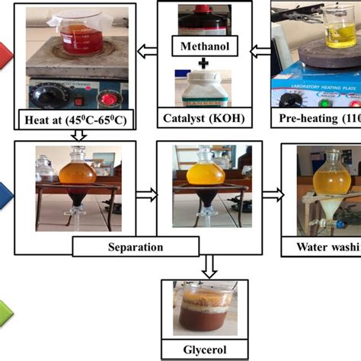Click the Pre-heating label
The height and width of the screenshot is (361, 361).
(x=316, y=119)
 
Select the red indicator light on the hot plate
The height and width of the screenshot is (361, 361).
(x=108, y=101)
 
